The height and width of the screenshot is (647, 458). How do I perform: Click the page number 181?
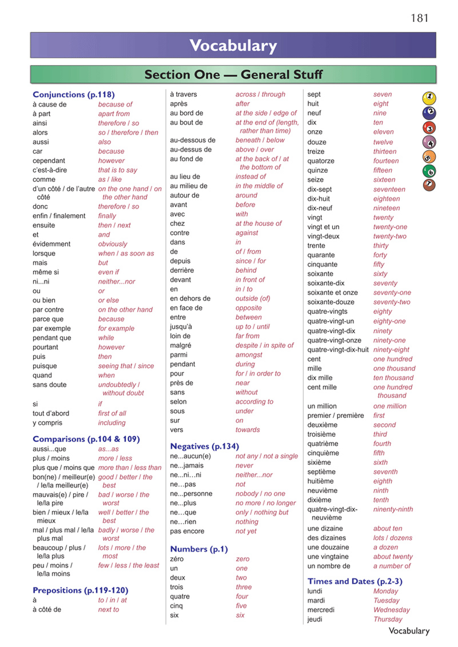pos(419,18)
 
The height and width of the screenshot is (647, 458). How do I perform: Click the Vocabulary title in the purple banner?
pos(233,45)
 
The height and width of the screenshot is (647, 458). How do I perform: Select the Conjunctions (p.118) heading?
pos(74,95)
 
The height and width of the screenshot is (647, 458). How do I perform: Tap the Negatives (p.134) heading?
pos(204,446)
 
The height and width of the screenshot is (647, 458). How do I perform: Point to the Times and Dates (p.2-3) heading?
pos(354,581)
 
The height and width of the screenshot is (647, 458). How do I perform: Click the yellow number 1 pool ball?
pos(429,98)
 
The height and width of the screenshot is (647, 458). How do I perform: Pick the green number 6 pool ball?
pos(429,171)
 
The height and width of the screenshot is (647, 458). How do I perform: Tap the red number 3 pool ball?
pos(429,128)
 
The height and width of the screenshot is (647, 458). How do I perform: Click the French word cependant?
pos(49,161)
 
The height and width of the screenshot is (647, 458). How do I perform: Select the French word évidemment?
pos(51,244)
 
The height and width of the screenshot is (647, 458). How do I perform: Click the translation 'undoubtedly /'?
pos(119,385)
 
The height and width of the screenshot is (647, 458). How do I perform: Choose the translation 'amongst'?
pos(249,355)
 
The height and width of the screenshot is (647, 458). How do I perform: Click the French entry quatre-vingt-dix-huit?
pos(338,350)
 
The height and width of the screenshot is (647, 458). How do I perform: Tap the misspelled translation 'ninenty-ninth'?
pos(393,509)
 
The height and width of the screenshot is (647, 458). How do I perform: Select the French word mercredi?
pos(321,610)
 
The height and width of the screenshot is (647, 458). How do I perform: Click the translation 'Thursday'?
pos(388,619)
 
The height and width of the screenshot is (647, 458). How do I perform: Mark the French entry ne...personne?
pos(191,494)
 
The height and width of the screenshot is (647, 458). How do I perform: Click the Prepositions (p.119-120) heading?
pos(80,590)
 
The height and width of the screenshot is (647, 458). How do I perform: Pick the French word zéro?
pos(177,559)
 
